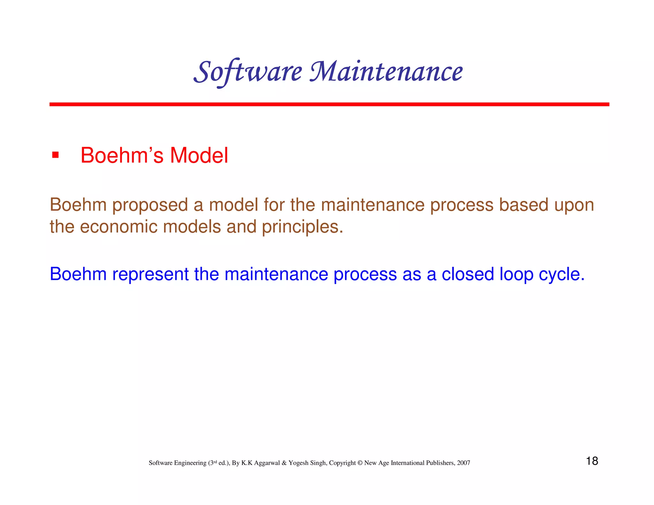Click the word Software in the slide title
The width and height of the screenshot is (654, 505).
click(248, 72)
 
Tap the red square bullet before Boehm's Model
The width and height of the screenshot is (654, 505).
click(55, 155)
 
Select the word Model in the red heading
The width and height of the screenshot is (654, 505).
click(199, 156)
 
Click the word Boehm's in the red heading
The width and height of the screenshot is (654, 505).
click(122, 156)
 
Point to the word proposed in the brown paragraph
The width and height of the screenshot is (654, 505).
click(150, 205)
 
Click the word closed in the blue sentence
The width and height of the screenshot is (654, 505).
click(468, 274)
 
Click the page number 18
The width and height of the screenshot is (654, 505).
click(592, 461)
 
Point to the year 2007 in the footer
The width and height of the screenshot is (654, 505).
click(463, 463)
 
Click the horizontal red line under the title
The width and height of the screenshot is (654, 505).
click(329, 104)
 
